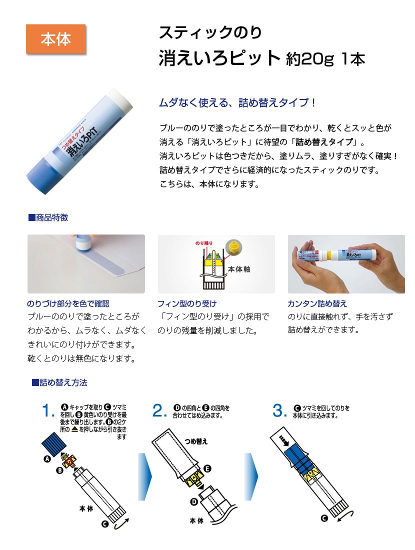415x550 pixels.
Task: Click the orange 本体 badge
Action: tap(56, 39)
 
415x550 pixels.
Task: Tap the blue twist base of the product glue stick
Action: tap(41, 174)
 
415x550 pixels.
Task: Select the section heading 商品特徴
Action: tap(48, 217)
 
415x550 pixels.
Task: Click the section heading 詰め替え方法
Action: tap(59, 382)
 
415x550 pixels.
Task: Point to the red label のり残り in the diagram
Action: tap(204, 243)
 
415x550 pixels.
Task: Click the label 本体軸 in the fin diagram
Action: tap(239, 269)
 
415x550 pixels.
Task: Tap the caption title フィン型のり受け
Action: tap(187, 303)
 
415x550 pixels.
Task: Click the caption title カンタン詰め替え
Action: tap(317, 303)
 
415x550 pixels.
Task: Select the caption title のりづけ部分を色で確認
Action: tap(68, 303)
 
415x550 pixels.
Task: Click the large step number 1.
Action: tap(48, 410)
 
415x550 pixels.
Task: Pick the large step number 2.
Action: tap(159, 410)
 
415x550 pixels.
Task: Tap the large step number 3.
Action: tap(279, 410)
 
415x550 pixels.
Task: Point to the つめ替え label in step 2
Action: tap(196, 441)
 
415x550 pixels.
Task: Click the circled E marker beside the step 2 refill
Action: tap(207, 468)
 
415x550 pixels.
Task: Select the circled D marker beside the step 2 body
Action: tap(193, 502)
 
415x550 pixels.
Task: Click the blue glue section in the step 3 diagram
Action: tap(297, 457)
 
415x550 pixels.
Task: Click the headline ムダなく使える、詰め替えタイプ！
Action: tap(238, 103)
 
